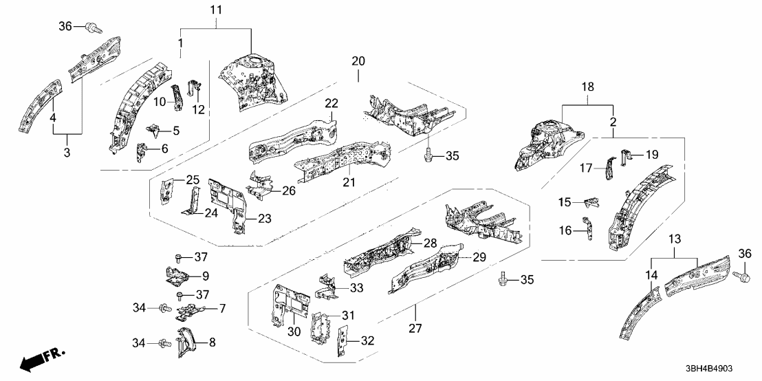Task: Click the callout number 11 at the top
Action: coord(216,10)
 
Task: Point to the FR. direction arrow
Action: coord(38,359)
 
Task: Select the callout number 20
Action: coord(358,61)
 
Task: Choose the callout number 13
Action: coord(675,239)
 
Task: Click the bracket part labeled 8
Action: coord(185,342)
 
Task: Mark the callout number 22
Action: coord(331,103)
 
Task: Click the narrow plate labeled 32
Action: coord(340,343)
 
